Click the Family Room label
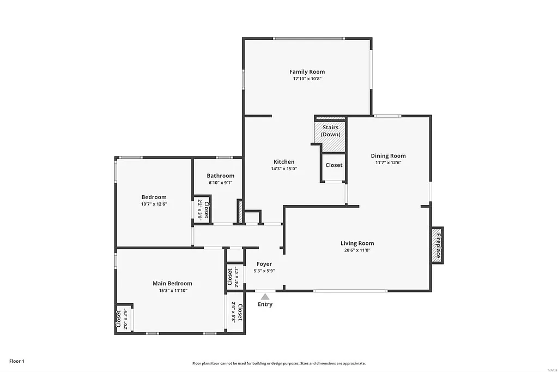tap(307, 71)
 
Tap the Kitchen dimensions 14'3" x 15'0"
tap(284, 169)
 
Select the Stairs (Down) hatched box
tap(330, 134)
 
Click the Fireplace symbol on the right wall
tap(438, 245)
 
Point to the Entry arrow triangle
tap(265, 297)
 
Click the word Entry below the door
tap(265, 304)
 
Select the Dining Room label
tap(388, 155)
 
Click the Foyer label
tap(264, 264)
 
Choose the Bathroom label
tap(220, 176)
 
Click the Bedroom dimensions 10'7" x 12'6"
tap(154, 204)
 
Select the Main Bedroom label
tap(172, 283)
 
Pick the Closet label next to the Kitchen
tap(333, 165)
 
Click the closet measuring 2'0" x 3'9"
tap(122, 318)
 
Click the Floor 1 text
tap(17, 361)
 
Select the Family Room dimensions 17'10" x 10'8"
tap(307, 79)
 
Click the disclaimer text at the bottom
tap(278, 363)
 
